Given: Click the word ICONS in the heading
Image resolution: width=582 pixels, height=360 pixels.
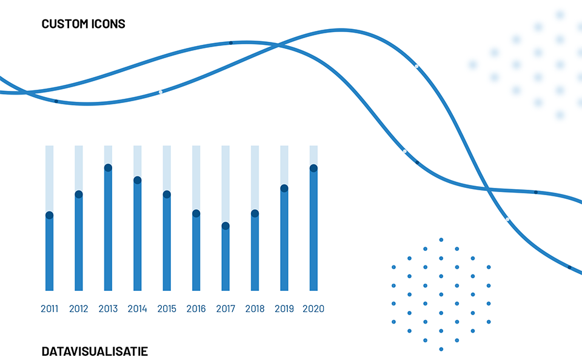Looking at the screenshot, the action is coord(107,24).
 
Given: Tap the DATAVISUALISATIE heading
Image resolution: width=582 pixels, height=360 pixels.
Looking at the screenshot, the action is coord(95,351).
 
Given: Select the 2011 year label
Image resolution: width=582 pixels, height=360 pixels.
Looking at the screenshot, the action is coord(49,308).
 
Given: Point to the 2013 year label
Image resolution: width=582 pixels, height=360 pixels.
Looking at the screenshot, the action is coord(108,308).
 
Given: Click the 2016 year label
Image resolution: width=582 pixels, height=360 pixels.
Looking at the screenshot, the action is coord(196,308).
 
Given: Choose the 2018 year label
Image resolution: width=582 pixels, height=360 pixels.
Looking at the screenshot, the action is coord(255,308).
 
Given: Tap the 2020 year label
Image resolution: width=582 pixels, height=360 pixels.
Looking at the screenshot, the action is coord(313,308).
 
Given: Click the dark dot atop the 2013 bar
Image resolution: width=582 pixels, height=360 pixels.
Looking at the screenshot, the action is coord(108,168).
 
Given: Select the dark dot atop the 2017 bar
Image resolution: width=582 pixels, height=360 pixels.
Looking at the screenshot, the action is coord(226,225).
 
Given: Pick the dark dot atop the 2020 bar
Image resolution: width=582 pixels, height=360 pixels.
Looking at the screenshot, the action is coord(313,168).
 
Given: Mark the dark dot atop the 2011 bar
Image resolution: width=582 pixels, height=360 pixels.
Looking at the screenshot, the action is coord(49,215).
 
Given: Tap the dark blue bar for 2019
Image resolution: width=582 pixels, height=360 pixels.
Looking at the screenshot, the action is coord(284,239).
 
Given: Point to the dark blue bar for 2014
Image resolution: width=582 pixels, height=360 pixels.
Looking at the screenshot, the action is coord(138,235).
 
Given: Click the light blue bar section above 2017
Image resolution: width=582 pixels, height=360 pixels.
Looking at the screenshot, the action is coord(226,184).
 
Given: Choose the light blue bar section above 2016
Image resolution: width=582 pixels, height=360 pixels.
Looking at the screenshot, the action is coord(196,178).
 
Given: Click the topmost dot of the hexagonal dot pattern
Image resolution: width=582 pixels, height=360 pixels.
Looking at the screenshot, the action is coord(441,240).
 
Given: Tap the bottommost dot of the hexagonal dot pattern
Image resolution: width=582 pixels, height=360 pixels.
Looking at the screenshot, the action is coord(441,349).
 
